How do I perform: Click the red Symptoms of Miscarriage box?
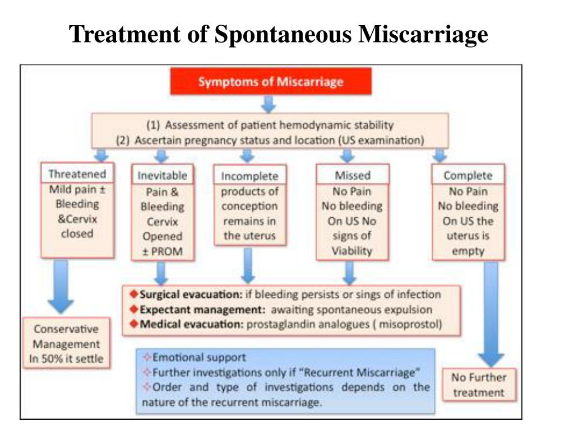(271, 81)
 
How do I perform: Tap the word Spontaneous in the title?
(283, 34)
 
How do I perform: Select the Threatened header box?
(77, 174)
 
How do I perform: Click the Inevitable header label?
(163, 175)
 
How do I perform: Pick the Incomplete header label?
(249, 176)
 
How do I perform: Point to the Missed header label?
(353, 175)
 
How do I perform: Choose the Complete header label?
(468, 175)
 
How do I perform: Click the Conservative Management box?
(66, 344)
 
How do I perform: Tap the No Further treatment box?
(479, 385)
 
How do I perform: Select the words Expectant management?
(202, 310)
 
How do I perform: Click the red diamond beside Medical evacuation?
(134, 324)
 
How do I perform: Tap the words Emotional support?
(199, 357)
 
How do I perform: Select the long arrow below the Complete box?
(491, 315)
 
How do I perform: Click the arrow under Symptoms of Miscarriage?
(269, 104)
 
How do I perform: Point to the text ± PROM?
(162, 251)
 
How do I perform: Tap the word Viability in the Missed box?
(352, 251)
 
